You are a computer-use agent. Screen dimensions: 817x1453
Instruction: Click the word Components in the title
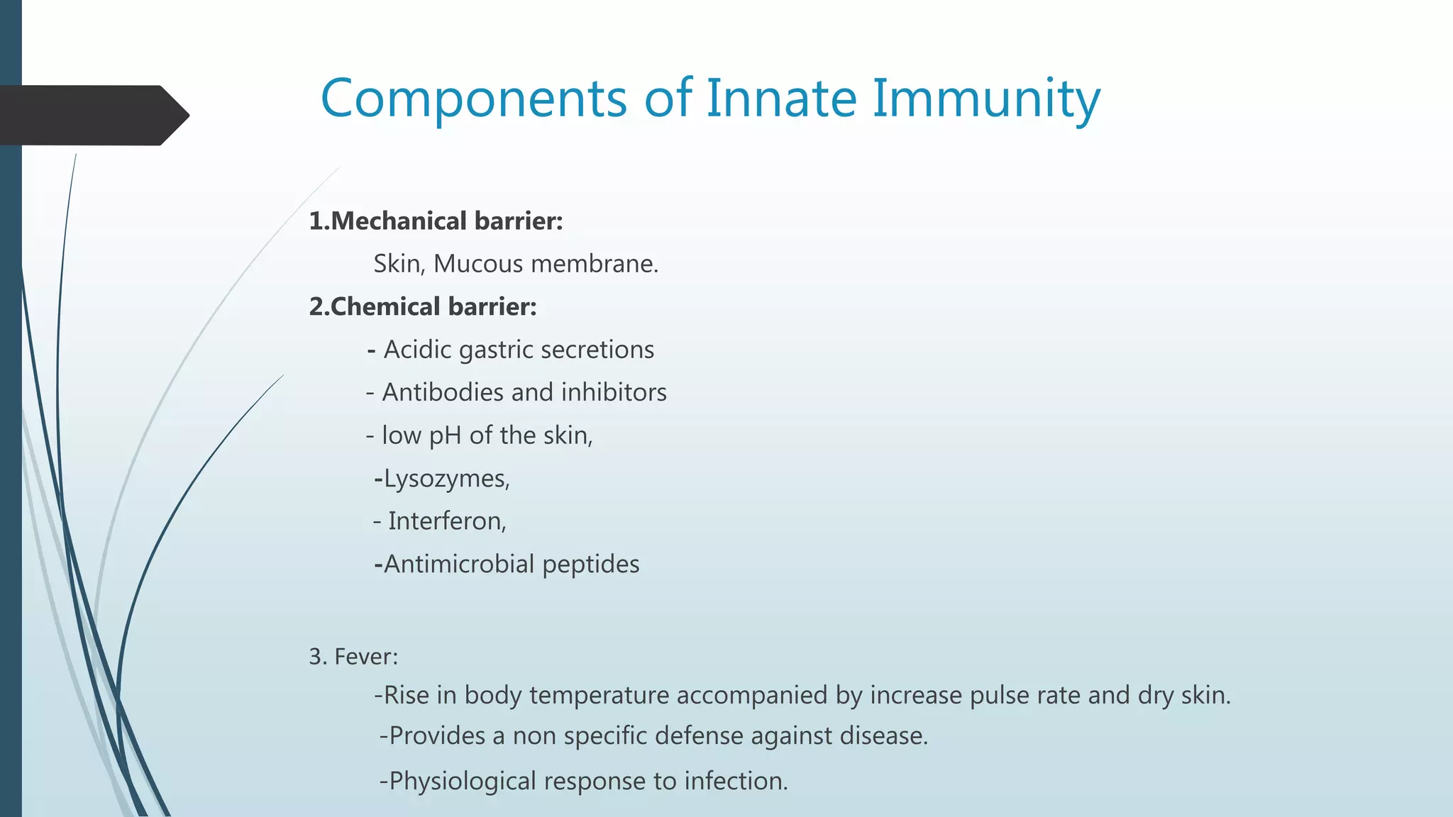click(x=473, y=98)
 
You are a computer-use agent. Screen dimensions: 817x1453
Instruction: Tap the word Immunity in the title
click(x=986, y=98)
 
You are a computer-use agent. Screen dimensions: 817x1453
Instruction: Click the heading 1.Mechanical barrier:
click(x=436, y=221)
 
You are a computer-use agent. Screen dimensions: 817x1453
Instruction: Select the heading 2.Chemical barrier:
click(x=423, y=307)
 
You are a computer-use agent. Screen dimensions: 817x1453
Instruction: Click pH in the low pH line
click(x=445, y=435)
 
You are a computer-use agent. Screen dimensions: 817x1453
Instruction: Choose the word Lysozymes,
click(x=446, y=479)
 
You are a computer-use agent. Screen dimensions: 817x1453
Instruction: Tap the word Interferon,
click(x=447, y=521)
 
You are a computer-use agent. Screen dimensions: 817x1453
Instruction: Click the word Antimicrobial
click(x=459, y=565)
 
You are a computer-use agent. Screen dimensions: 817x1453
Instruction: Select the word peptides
click(x=590, y=565)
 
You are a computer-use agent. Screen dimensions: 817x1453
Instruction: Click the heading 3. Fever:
click(x=353, y=657)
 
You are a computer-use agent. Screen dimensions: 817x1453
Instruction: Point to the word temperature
click(x=599, y=695)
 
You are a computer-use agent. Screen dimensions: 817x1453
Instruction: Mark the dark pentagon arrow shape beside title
click(x=92, y=116)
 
